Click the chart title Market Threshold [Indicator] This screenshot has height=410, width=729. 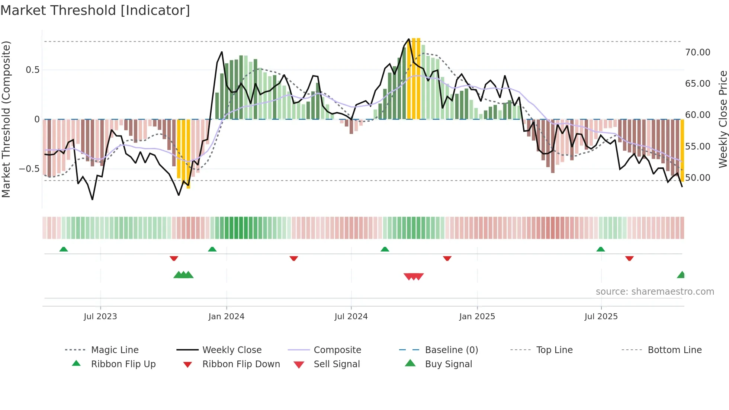coord(95,10)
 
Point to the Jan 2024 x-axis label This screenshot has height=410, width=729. coord(226,317)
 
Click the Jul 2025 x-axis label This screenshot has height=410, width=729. coord(601,317)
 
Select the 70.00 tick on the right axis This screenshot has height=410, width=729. coord(697,52)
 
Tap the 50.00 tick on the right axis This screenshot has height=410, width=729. coord(697,178)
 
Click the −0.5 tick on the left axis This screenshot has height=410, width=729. coord(29,169)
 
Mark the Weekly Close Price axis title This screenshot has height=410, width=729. coord(723,119)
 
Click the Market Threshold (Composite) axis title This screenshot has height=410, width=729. coord(6,119)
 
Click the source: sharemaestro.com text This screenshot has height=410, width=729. coord(655,292)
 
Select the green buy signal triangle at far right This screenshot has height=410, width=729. coord(681,275)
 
